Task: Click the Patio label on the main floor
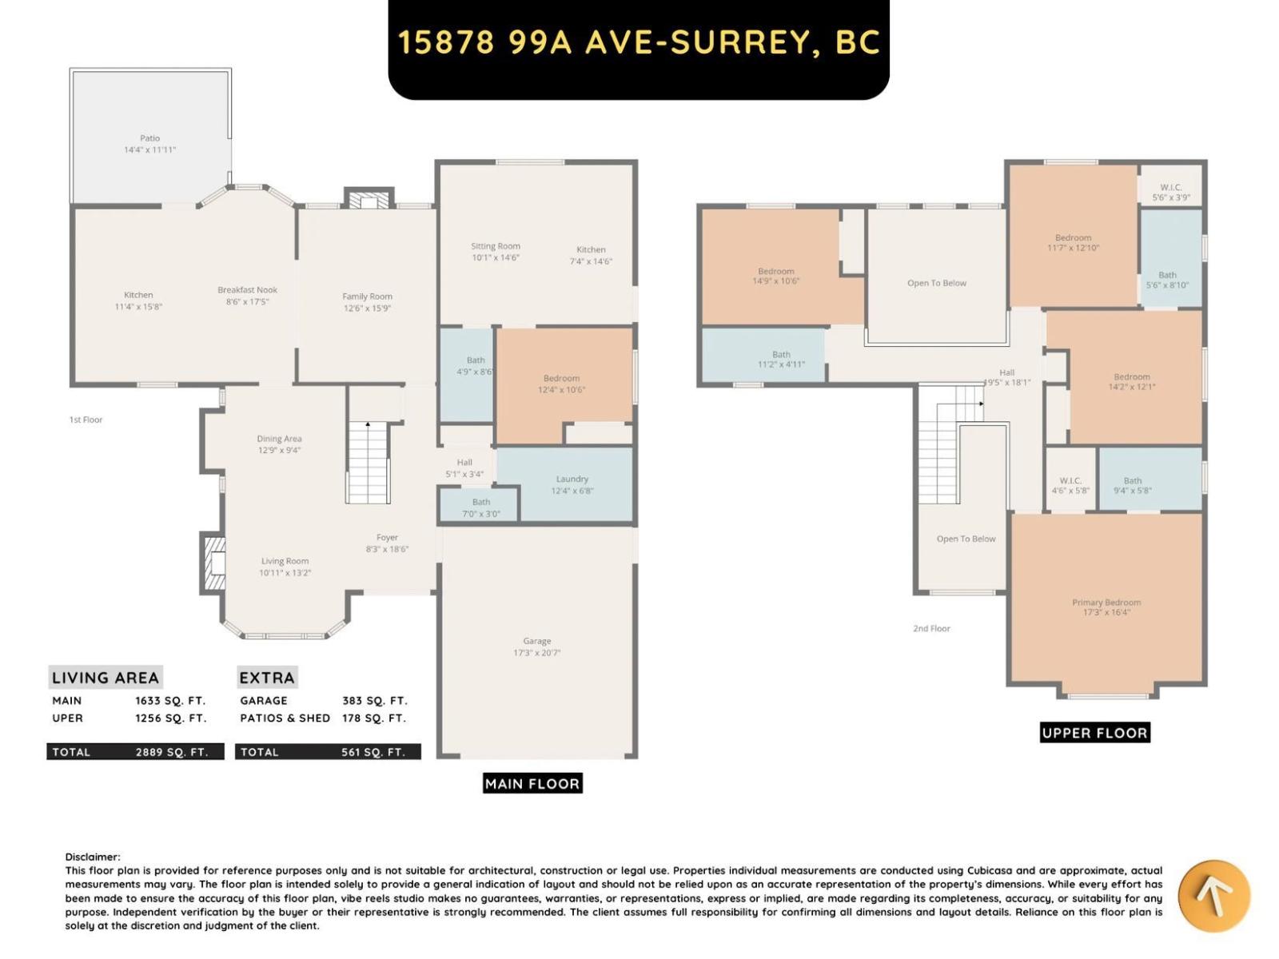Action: [149, 139]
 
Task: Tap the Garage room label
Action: [537, 642]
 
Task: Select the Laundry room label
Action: [572, 479]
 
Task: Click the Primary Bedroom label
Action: [1106, 603]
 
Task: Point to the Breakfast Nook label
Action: [248, 290]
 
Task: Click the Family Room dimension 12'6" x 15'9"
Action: [367, 308]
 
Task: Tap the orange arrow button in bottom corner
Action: [1213, 896]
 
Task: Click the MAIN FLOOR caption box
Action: [532, 783]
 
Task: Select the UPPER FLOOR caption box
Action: [1094, 733]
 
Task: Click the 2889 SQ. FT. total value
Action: [171, 752]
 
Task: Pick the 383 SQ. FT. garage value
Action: [374, 700]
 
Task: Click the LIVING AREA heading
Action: [106, 678]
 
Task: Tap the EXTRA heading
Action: [267, 678]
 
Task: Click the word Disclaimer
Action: [93, 857]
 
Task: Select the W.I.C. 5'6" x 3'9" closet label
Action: [1170, 193]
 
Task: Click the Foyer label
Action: [388, 538]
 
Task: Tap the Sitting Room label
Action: [496, 246]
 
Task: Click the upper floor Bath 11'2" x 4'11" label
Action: [781, 359]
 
